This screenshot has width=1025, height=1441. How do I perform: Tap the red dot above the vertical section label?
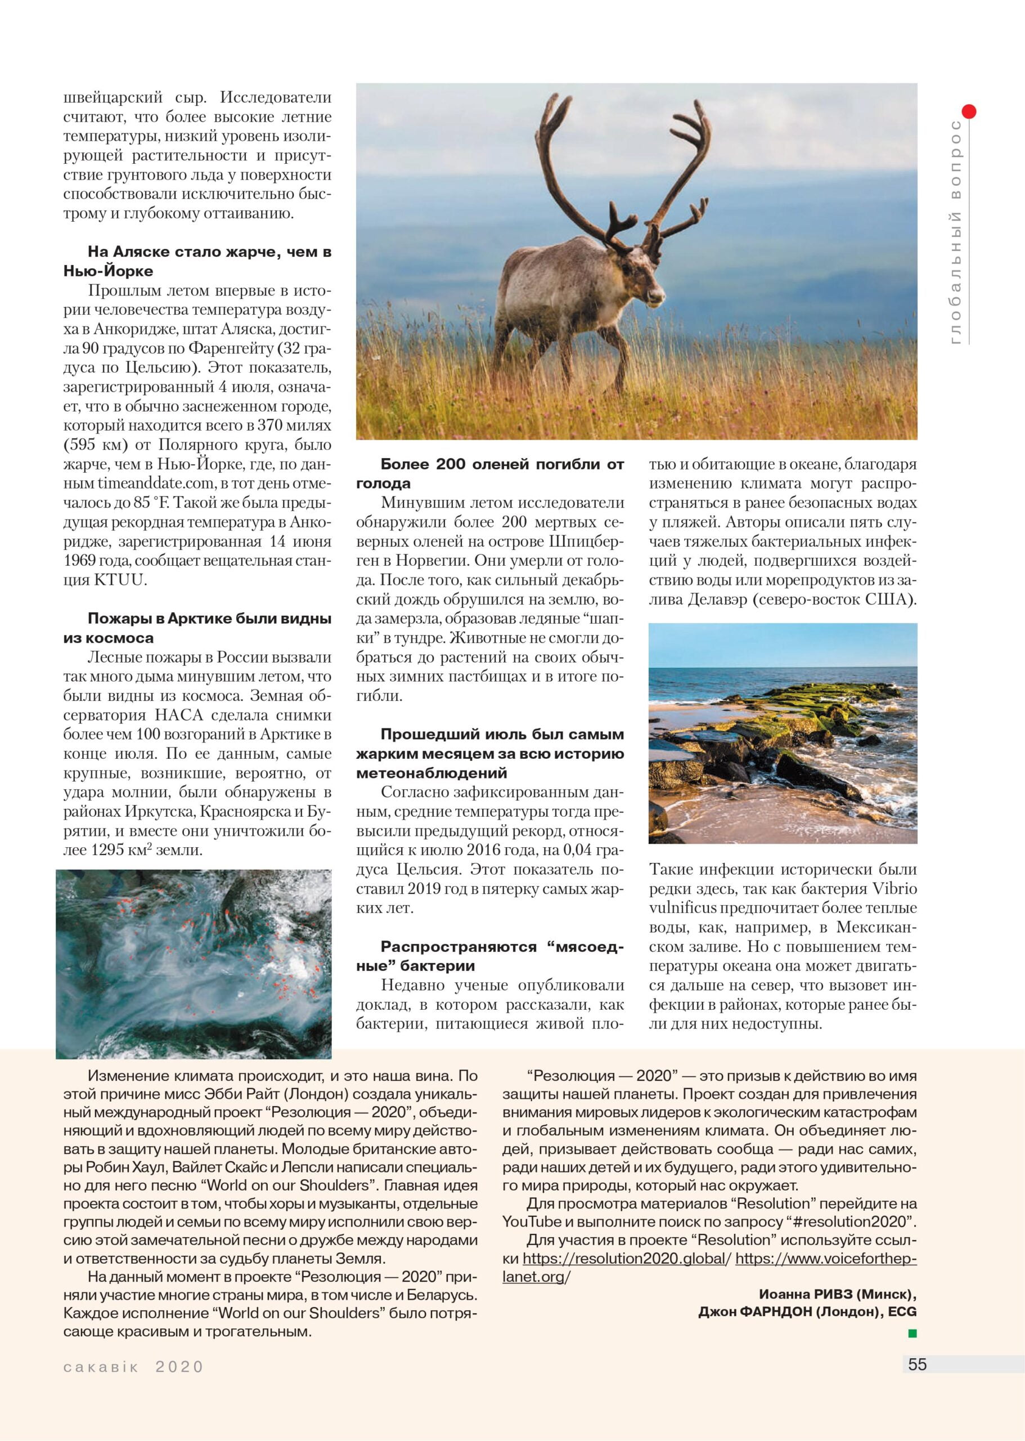point(969,112)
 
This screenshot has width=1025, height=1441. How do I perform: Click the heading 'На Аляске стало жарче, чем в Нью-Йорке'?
point(197,261)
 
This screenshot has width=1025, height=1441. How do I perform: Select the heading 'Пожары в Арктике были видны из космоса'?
point(197,628)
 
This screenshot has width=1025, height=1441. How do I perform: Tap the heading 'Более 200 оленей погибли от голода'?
point(490,473)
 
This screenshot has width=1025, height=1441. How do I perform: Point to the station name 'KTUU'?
point(119,580)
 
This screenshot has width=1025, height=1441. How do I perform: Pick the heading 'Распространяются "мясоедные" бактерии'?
point(490,956)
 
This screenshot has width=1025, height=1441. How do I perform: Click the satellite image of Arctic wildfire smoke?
point(194,964)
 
